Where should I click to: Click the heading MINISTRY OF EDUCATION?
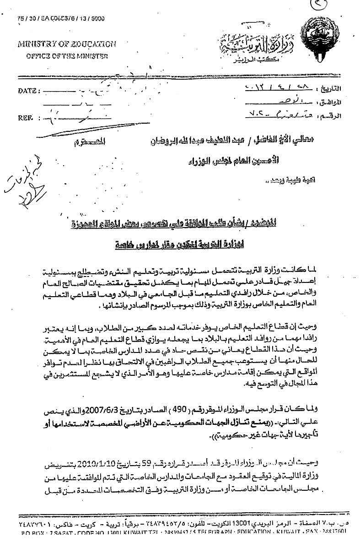(x=67, y=44)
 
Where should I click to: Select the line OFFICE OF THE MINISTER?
(x=67, y=56)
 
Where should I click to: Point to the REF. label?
(x=26, y=117)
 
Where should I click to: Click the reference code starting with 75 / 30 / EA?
(x=60, y=18)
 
